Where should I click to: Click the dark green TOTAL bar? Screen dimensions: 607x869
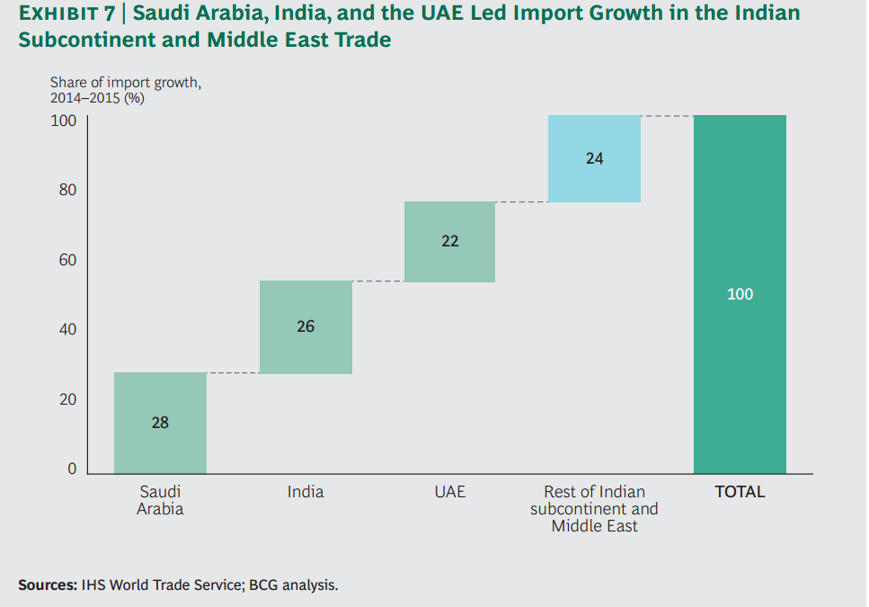pos(740,378)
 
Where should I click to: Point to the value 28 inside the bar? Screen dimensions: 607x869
pos(160,422)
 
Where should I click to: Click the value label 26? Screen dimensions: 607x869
pos(306,326)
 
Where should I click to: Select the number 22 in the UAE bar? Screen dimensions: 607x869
pos(450,241)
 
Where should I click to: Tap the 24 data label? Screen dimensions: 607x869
pos(594,158)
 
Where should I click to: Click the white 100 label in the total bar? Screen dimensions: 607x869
pos(740,294)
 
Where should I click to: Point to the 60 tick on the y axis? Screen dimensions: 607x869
pos(68,261)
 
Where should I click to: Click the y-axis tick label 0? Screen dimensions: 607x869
pos(72,469)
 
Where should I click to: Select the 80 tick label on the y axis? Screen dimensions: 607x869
pos(68,191)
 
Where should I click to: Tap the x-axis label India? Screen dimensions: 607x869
pos(306,492)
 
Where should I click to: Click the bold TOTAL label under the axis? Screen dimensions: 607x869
pos(740,492)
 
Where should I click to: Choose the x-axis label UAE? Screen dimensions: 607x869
pos(450,492)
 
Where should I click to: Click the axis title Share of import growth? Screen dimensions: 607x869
pos(126,83)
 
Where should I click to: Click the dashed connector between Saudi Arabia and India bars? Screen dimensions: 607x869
pos(233,372)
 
